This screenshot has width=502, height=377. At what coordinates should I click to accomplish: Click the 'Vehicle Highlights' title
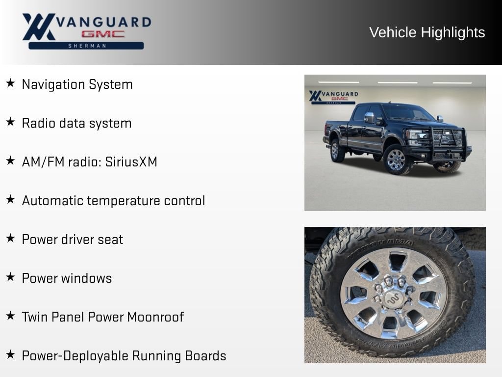point(427,32)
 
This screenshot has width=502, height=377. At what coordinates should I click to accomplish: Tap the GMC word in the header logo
point(103,34)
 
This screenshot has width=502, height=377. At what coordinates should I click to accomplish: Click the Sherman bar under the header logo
point(86,46)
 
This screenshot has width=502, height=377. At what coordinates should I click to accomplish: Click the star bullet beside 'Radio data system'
point(11,122)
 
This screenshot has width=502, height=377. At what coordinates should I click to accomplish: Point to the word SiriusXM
point(131,162)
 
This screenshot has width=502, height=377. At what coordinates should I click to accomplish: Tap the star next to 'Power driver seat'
point(11,238)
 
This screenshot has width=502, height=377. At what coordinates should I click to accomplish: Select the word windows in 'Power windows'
point(89,278)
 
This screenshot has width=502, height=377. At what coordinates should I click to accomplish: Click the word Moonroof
point(155,317)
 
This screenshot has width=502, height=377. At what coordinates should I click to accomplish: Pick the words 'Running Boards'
point(179,356)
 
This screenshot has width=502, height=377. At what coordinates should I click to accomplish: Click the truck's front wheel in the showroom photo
point(396,160)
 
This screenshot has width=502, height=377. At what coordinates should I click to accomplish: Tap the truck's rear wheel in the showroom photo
point(336,151)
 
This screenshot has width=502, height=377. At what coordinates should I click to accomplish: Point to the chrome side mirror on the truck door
point(369,117)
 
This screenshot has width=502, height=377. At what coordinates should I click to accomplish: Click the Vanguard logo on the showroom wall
point(333,97)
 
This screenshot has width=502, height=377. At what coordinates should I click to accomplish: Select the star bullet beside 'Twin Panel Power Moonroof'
point(11,316)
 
